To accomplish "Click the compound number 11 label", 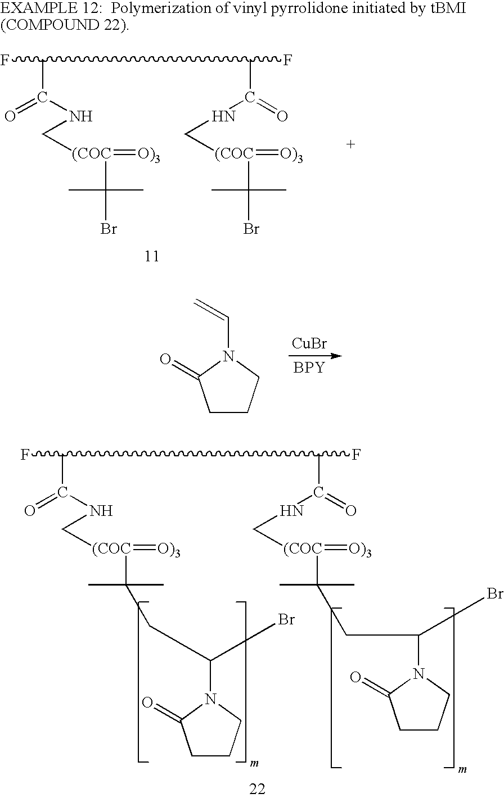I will [152, 257].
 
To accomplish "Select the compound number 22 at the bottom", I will [258, 788].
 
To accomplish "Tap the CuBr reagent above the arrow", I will [309, 344].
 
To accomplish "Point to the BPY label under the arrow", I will [309, 369].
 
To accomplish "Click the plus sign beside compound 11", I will [350, 144].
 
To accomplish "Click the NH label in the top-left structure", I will [80, 117].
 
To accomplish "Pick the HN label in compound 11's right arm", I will [223, 117].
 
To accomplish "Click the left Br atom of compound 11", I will [109, 229].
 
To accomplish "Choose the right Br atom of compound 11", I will [251, 229].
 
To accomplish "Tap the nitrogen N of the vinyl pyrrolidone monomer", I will [227, 356].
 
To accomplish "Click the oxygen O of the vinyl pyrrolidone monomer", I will [165, 359].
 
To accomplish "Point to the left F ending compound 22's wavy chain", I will [25, 455].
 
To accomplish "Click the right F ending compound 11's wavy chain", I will [287, 60].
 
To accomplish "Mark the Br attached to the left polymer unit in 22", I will [287, 620].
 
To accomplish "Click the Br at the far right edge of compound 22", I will [494, 594].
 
